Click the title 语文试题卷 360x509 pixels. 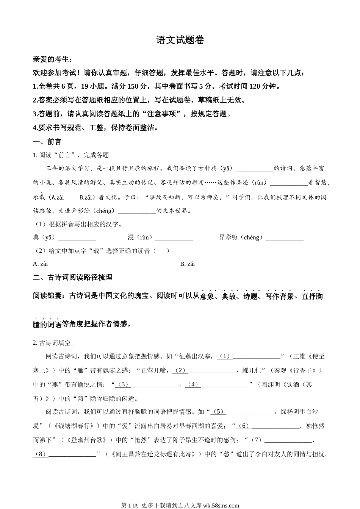pos(180,40)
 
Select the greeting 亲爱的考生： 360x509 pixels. pos(52,59)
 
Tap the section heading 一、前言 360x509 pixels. pos(47,142)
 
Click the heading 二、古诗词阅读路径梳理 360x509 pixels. pos(72,277)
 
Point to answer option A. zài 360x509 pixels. pos(41,264)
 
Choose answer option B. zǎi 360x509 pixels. pos(187,264)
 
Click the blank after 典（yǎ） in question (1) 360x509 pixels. pos(77,238)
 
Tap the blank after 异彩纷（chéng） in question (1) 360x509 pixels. pos(284,238)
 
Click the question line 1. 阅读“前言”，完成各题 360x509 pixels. pos(71,155)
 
